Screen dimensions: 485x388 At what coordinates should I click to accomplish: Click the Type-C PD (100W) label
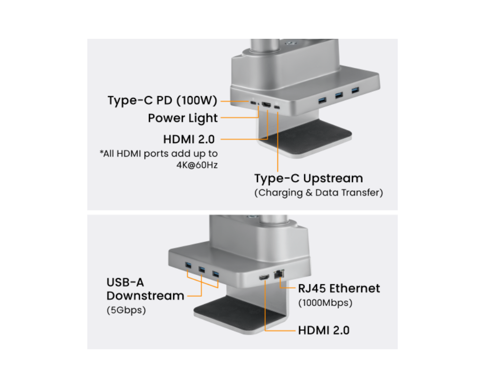click(162, 100)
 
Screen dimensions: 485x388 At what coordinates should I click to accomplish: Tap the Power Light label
click(183, 118)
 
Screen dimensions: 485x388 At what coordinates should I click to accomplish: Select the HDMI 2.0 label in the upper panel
click(189, 139)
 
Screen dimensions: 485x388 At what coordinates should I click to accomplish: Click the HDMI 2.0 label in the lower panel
click(323, 330)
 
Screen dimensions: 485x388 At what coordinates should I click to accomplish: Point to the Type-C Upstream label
click(308, 178)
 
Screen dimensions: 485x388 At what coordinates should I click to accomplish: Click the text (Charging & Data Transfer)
click(319, 193)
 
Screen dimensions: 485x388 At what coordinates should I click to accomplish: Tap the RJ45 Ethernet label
click(339, 289)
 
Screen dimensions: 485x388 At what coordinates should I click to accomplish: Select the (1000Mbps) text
click(325, 303)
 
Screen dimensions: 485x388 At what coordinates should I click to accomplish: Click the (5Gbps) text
click(126, 310)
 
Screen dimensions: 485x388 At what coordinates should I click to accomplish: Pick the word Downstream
click(145, 296)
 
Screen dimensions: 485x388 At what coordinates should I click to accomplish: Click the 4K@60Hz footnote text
click(197, 165)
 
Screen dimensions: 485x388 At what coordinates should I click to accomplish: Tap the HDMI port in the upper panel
click(266, 105)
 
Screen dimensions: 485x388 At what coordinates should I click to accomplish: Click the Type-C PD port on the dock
click(253, 102)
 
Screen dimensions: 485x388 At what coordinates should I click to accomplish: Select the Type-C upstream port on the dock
click(277, 107)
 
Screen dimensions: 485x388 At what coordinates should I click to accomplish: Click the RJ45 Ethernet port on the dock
click(279, 274)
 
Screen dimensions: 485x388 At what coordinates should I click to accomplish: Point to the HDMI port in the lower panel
click(264, 278)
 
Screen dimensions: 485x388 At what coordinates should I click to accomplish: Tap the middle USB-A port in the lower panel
click(202, 270)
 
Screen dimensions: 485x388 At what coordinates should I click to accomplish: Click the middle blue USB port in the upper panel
click(339, 95)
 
